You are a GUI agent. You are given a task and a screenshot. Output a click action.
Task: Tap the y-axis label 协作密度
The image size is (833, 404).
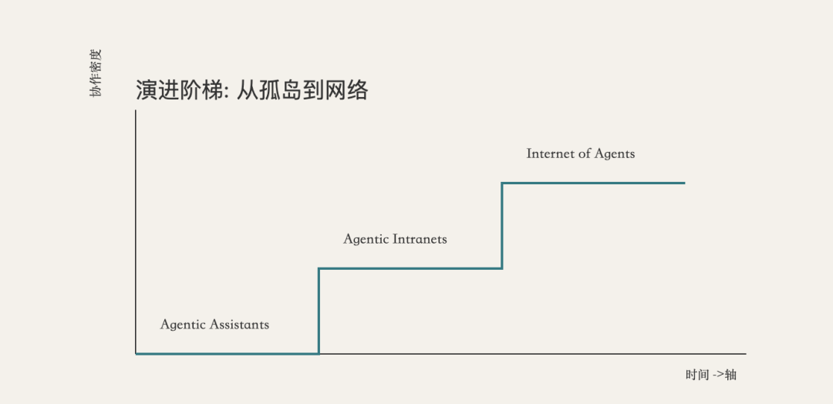[x=95, y=73]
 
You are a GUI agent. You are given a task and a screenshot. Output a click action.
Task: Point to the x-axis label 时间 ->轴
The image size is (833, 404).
[x=710, y=375]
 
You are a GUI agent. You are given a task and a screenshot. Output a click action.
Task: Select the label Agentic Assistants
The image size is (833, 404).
[x=214, y=325]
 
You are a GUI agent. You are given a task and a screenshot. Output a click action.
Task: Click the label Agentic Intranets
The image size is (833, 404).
[x=395, y=239]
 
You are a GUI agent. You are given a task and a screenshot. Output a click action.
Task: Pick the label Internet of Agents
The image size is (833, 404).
[x=580, y=153]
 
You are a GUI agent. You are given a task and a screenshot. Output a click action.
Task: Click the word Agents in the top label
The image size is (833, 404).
[x=615, y=153]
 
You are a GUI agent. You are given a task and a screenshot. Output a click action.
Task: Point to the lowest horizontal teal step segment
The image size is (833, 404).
[x=227, y=353]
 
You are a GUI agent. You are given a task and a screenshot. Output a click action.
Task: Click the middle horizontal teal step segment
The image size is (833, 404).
[x=410, y=268]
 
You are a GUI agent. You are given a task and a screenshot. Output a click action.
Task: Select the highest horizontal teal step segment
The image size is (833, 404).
[x=593, y=183]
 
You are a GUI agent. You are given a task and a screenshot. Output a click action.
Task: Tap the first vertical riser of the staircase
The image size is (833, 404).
[x=319, y=311]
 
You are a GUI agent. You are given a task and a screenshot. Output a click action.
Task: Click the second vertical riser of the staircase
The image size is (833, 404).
[x=502, y=225]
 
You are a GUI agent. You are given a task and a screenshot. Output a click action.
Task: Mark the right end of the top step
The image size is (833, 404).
[x=683, y=183]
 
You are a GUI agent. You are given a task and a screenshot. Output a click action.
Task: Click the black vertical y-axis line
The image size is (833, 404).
[x=136, y=231]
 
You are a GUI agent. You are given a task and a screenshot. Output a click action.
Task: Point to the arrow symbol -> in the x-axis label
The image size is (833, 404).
[x=717, y=375]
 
